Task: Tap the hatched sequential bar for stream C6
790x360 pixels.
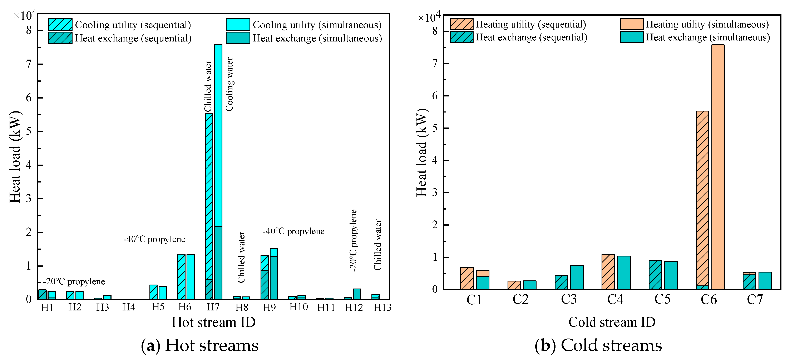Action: (x=702, y=199)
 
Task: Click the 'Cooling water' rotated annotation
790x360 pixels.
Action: (x=229, y=84)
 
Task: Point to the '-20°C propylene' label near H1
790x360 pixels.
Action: (x=74, y=281)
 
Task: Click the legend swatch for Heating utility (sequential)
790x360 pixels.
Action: (x=461, y=24)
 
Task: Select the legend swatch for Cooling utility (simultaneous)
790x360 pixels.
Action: (x=238, y=25)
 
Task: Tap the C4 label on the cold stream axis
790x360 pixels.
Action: (x=615, y=300)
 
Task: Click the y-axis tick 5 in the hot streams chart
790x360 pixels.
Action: (x=29, y=131)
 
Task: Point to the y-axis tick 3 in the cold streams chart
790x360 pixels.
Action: (x=435, y=192)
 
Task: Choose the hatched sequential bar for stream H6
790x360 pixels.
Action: (x=181, y=277)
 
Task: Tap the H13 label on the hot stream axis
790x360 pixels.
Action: (x=382, y=307)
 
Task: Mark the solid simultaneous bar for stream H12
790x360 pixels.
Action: (x=357, y=294)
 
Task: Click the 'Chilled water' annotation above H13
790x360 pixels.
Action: (x=377, y=245)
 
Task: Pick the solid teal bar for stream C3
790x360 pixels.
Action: (x=577, y=277)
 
